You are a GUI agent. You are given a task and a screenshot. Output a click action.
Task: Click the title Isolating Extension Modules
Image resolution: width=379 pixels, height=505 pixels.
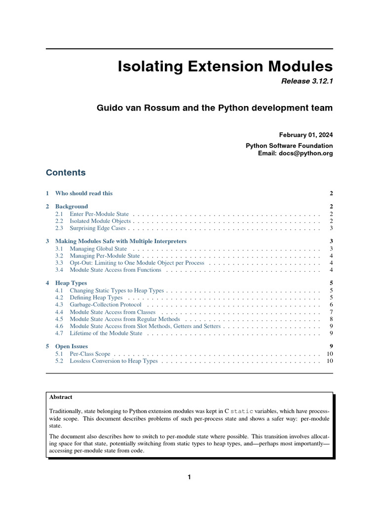225,67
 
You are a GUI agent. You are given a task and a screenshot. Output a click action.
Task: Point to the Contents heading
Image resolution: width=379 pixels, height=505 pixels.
66,173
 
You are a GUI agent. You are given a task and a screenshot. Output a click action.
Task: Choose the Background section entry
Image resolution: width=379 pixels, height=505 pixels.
72,206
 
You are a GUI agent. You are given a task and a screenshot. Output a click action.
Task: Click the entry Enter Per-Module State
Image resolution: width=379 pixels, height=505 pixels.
99,214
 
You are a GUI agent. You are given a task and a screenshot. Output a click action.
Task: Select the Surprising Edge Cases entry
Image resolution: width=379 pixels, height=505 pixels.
98,228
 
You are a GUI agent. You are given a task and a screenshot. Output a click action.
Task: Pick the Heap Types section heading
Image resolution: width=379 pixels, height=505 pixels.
71,283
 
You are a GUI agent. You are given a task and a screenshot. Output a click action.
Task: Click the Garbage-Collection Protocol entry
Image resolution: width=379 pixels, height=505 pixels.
105,305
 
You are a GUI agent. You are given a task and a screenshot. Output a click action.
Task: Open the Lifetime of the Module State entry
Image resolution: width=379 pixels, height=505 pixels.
106,333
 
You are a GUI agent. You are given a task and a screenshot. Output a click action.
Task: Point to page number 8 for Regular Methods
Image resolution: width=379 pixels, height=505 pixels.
331,319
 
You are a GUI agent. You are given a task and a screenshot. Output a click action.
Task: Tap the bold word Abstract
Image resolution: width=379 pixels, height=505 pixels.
61,397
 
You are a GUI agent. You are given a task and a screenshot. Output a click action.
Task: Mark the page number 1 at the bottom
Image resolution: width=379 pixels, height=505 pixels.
189,477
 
